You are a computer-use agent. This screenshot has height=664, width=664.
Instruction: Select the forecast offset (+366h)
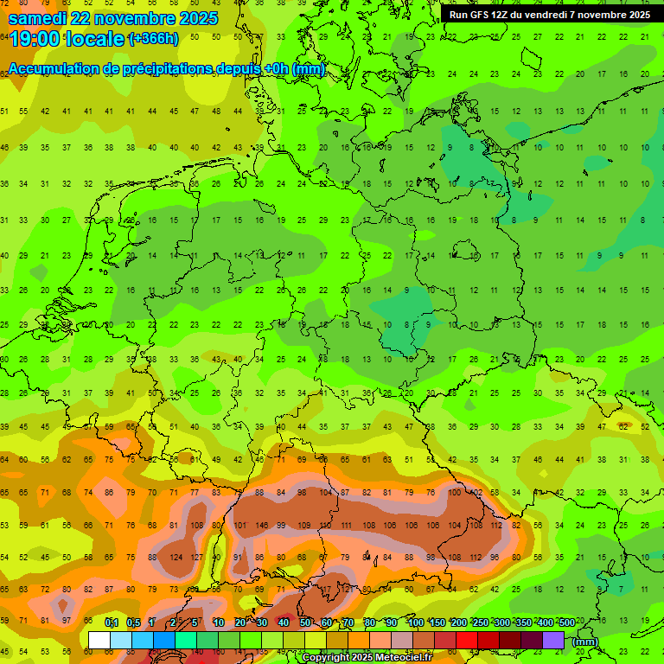(x=153, y=39)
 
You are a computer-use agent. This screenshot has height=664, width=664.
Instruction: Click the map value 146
(x=260, y=525)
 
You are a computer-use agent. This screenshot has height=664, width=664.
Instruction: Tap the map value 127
(x=197, y=557)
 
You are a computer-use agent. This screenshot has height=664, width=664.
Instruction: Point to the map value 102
(x=475, y=493)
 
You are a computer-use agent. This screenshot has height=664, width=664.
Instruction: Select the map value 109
(x=303, y=525)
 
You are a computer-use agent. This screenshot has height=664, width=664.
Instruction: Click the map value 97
(x=66, y=621)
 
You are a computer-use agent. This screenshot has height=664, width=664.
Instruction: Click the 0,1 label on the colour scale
(x=112, y=623)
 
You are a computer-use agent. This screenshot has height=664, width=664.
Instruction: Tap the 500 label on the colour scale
(x=566, y=623)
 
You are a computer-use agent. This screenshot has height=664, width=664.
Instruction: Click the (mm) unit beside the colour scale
(x=585, y=642)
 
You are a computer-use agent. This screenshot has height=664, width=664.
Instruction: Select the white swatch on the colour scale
(x=99, y=640)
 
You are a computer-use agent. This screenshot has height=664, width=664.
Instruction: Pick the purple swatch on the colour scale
(x=553, y=640)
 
